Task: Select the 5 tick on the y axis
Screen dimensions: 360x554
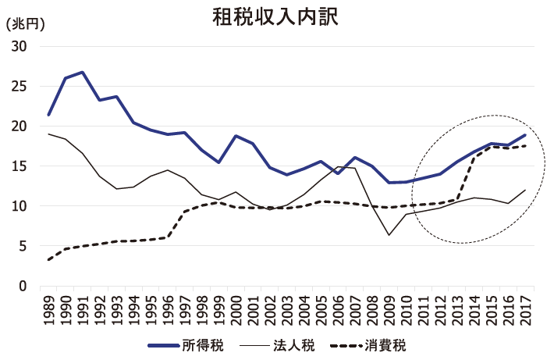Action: click(23, 246)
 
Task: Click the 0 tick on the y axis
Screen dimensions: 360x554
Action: click(23, 286)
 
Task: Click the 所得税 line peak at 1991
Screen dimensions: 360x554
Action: click(83, 73)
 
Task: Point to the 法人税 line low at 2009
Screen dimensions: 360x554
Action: click(389, 235)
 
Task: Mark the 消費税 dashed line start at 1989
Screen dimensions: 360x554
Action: click(49, 259)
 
